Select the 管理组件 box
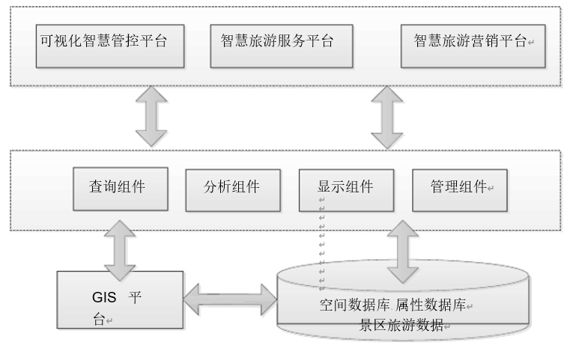click(x=458, y=189)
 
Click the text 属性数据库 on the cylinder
click(x=431, y=305)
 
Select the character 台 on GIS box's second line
click(x=98, y=320)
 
